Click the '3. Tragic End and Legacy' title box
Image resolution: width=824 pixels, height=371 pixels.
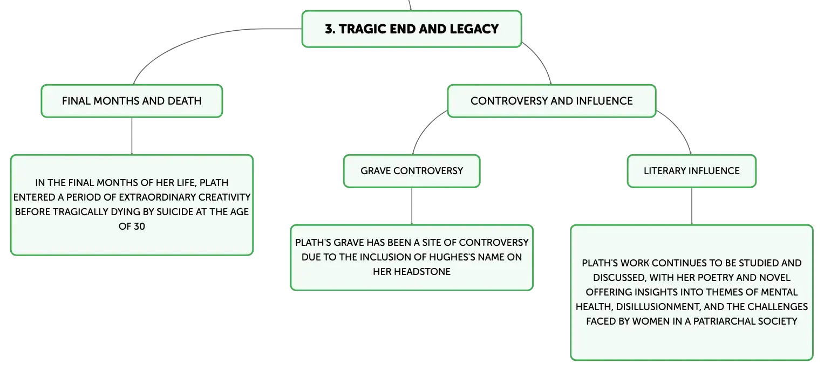[412, 29]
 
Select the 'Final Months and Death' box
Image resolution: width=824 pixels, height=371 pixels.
[132, 101]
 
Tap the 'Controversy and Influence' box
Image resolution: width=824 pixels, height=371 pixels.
[551, 101]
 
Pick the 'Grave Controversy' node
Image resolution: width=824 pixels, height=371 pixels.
[412, 171]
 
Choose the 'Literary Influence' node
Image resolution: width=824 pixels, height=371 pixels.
[692, 171]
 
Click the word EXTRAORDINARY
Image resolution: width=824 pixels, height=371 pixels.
[158, 197]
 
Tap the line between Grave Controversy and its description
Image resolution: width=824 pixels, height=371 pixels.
[412, 206]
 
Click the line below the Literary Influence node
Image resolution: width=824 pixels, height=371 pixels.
[692, 206]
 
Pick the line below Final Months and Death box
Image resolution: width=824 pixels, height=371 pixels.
[132, 136]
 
